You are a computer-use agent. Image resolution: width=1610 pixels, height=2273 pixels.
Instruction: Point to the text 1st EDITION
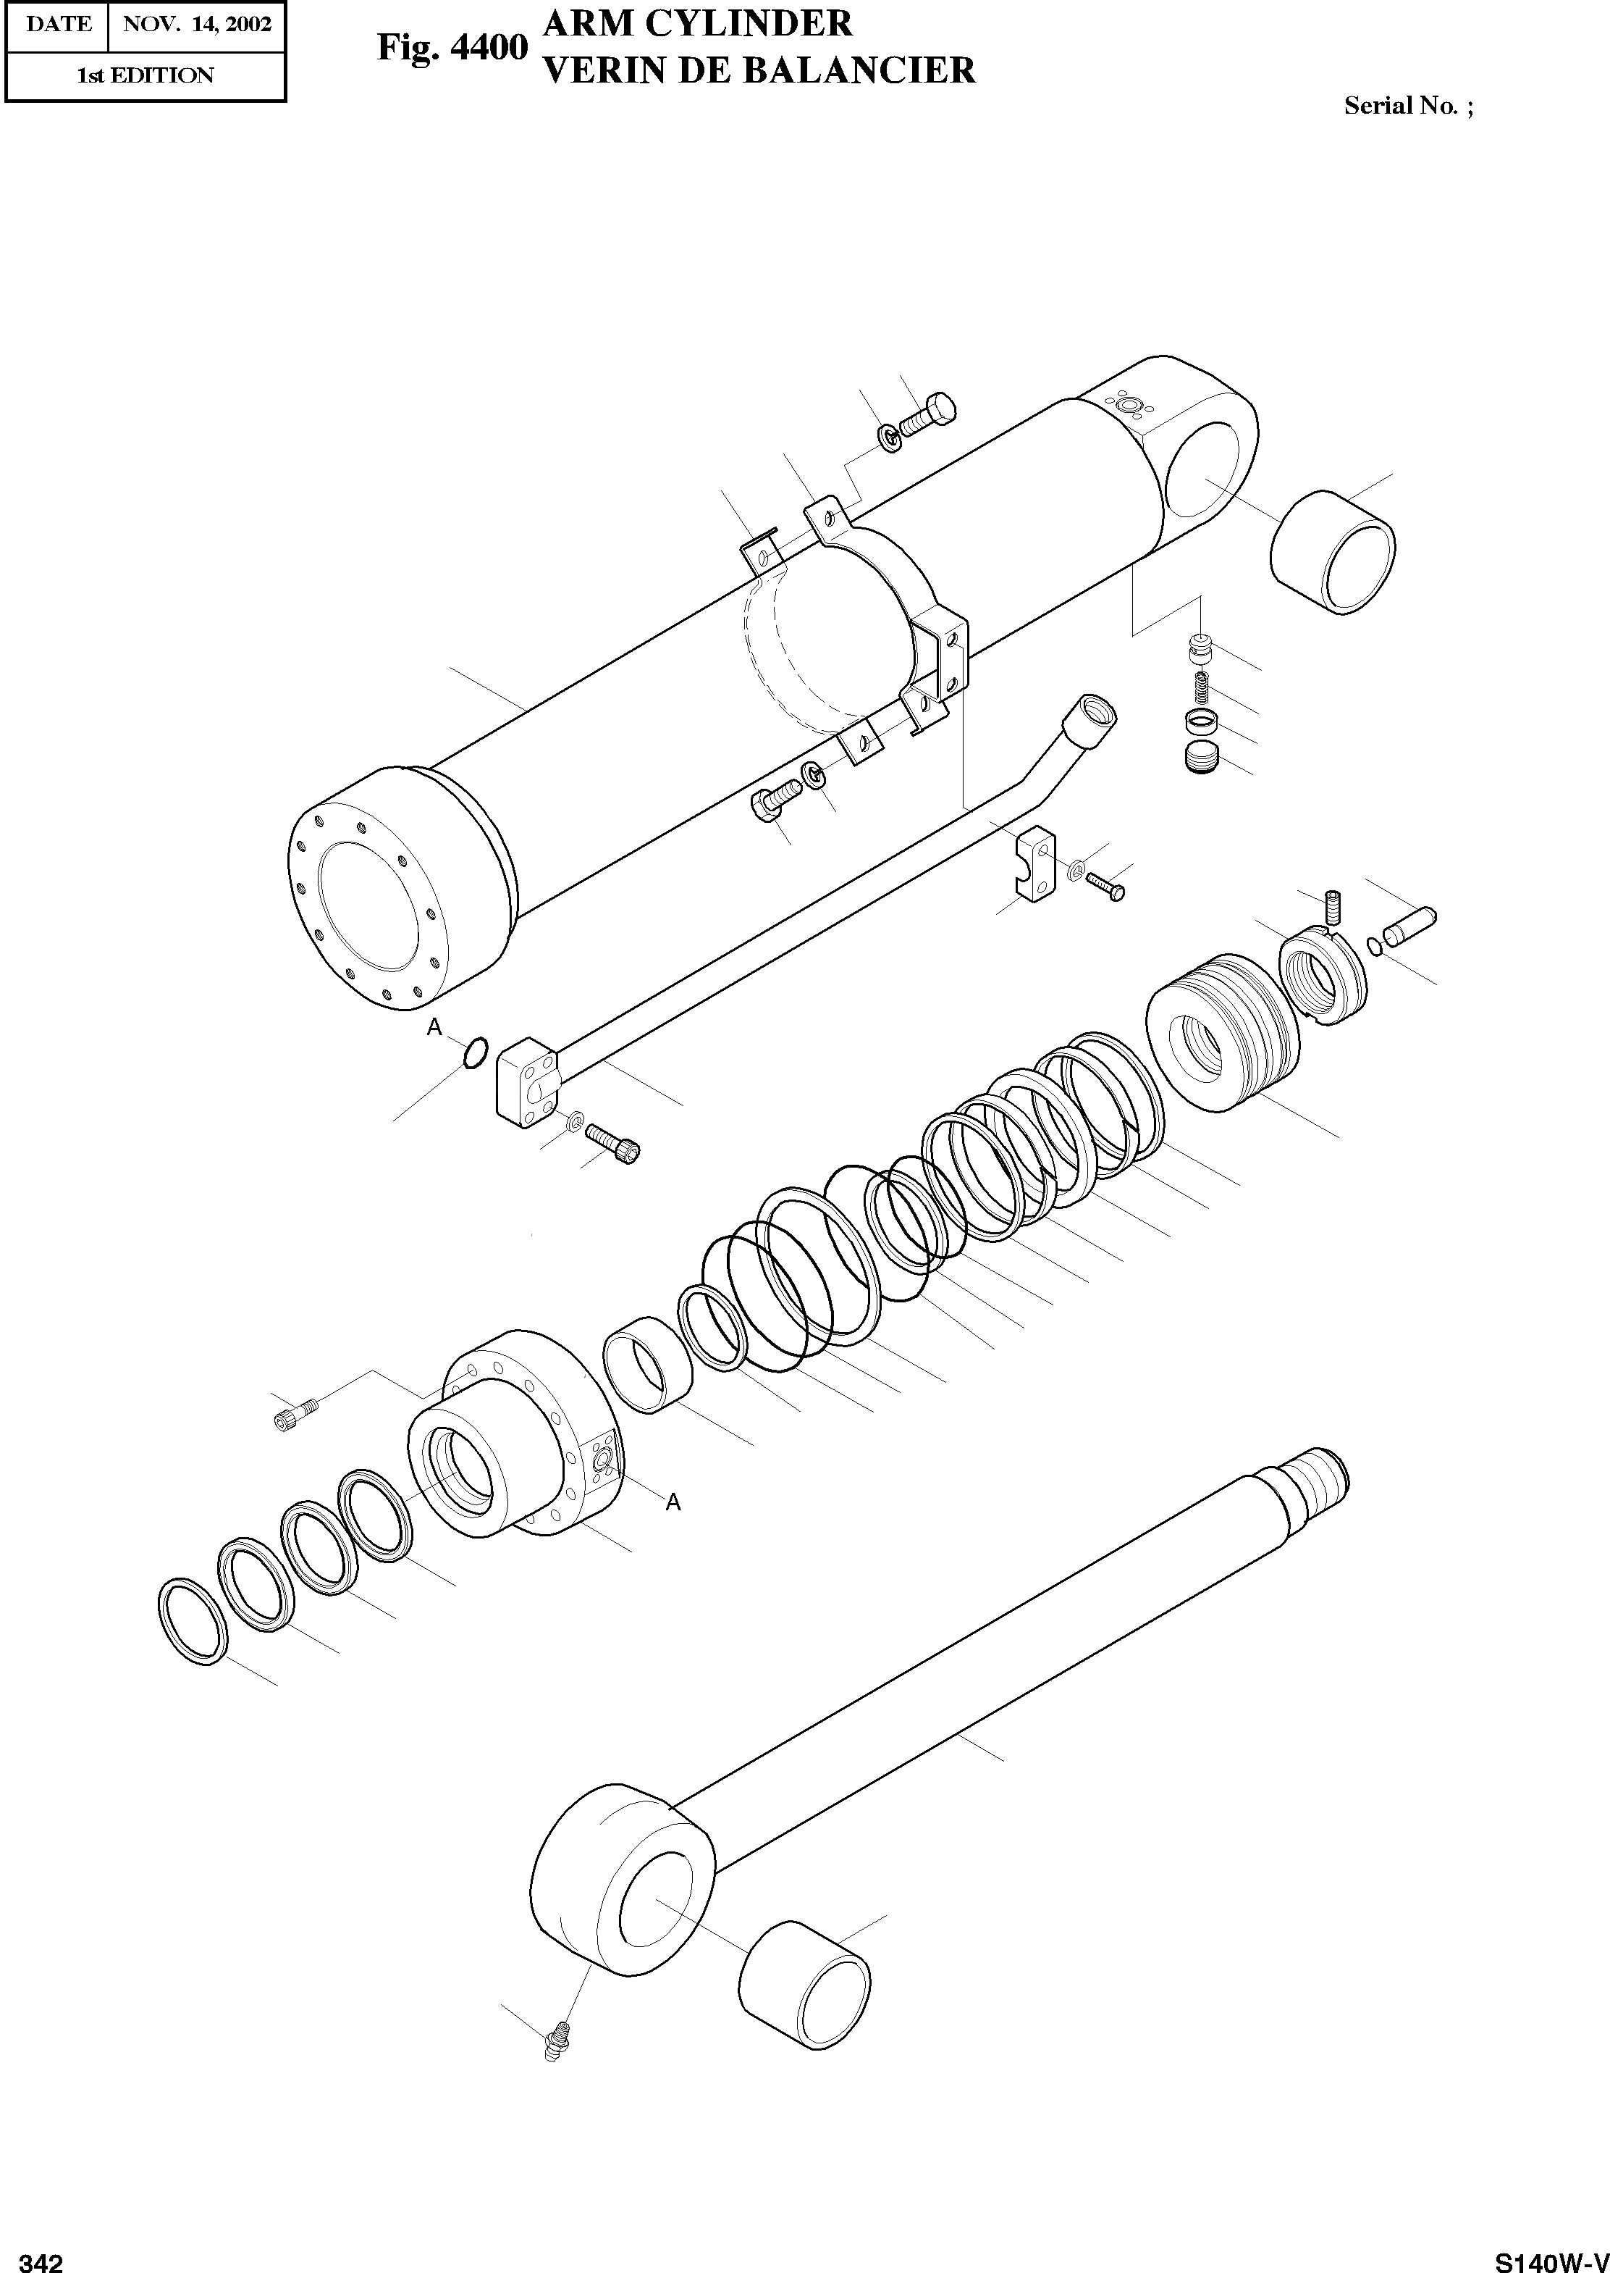(x=145, y=76)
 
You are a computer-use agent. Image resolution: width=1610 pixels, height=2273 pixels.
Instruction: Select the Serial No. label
(x=1408, y=106)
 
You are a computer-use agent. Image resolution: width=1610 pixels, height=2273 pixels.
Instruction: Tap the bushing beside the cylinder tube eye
(x=1333, y=551)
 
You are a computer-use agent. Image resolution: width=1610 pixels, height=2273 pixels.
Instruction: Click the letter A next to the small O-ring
(x=434, y=1029)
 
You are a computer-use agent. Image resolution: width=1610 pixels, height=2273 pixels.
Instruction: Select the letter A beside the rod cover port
(x=673, y=1502)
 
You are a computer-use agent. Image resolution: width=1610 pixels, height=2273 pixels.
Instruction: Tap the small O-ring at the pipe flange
(x=476, y=1052)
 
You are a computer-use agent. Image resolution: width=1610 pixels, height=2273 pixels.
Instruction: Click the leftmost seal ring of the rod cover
(x=193, y=1618)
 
